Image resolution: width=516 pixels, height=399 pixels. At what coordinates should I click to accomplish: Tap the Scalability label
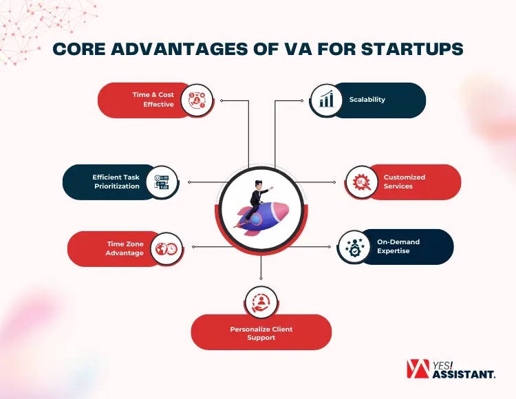pos(367,100)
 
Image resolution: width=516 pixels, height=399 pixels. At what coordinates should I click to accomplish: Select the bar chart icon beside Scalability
pos(326,100)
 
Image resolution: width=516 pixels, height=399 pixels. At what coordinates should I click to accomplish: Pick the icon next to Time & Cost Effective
pos(197,100)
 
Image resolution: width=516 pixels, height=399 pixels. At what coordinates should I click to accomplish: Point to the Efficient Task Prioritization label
pos(116,182)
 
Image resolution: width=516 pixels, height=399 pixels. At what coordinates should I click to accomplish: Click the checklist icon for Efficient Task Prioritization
pos(162,182)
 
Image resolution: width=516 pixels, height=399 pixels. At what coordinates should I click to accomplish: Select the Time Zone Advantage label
pos(125,248)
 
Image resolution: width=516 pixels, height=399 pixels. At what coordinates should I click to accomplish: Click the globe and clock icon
pos(166,248)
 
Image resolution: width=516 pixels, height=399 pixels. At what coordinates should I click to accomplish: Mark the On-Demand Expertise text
pos(398,246)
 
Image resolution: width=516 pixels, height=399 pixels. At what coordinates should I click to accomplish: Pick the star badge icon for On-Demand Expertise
pos(354,247)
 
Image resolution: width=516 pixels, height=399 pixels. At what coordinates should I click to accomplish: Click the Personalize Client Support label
pos(261,334)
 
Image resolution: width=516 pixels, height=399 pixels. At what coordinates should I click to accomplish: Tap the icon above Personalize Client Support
pos(261,303)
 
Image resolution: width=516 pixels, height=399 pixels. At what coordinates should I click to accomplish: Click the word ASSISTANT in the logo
pos(464,375)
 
